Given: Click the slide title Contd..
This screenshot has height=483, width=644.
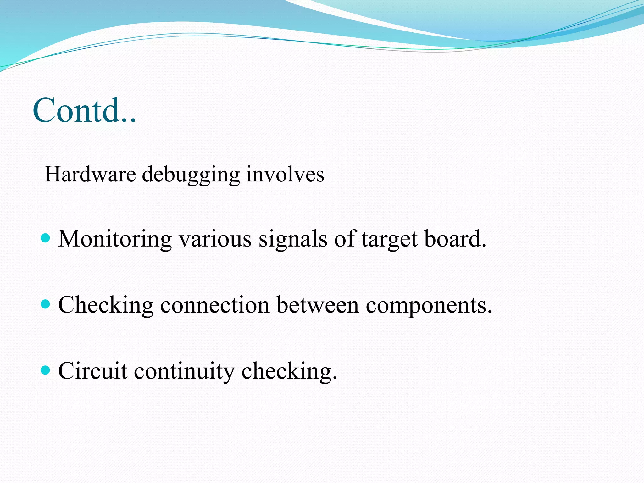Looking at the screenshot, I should (84, 111).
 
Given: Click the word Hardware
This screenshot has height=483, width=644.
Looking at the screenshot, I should (90, 174).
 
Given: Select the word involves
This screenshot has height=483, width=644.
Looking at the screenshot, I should (285, 174).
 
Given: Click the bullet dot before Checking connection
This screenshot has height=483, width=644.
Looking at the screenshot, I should (46, 304).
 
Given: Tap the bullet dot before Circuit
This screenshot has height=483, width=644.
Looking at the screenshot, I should (46, 370).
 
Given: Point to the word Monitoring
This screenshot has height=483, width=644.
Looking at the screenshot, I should (115, 239).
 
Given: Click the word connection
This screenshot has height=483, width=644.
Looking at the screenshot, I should (215, 305).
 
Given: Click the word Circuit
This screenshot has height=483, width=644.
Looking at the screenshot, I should (93, 371).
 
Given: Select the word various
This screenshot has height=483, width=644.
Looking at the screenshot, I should (215, 239).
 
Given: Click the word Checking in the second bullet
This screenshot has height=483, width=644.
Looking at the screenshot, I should (106, 305).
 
